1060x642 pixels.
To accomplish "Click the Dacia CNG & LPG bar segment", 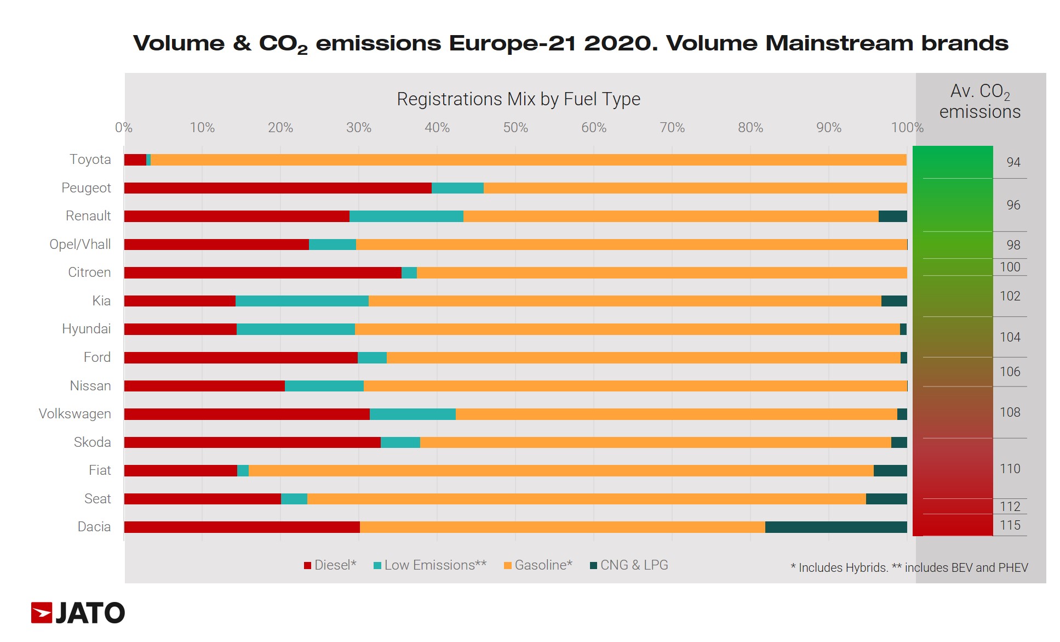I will tap(835, 527).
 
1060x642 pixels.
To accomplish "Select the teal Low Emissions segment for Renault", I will tap(406, 216).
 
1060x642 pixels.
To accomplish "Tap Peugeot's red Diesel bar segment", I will tap(278, 188).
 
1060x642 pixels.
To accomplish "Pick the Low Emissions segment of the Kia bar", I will tap(302, 301).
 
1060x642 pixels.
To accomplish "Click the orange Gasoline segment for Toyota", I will tap(528, 160).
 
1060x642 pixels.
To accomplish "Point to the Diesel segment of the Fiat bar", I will tap(180, 470).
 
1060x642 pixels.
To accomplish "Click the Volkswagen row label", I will tap(75, 414).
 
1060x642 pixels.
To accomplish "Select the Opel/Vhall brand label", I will tap(80, 245).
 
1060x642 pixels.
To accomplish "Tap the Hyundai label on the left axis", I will tap(86, 329).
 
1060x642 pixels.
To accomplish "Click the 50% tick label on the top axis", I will tap(515, 128).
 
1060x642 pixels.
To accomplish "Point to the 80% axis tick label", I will tap(750, 128).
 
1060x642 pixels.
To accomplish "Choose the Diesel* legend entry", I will tap(330, 565).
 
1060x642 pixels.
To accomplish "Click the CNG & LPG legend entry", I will tap(629, 565).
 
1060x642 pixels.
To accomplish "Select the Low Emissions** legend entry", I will tap(430, 565).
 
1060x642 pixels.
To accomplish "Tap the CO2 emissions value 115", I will tap(1010, 525).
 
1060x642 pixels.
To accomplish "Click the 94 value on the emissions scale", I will tap(1013, 162).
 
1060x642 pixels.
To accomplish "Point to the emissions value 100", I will tap(1010, 267).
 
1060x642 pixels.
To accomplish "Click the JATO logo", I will tap(78, 612).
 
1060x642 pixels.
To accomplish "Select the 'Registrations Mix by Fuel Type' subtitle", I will tap(518, 99).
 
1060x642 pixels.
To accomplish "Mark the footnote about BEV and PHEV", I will tap(909, 568).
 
